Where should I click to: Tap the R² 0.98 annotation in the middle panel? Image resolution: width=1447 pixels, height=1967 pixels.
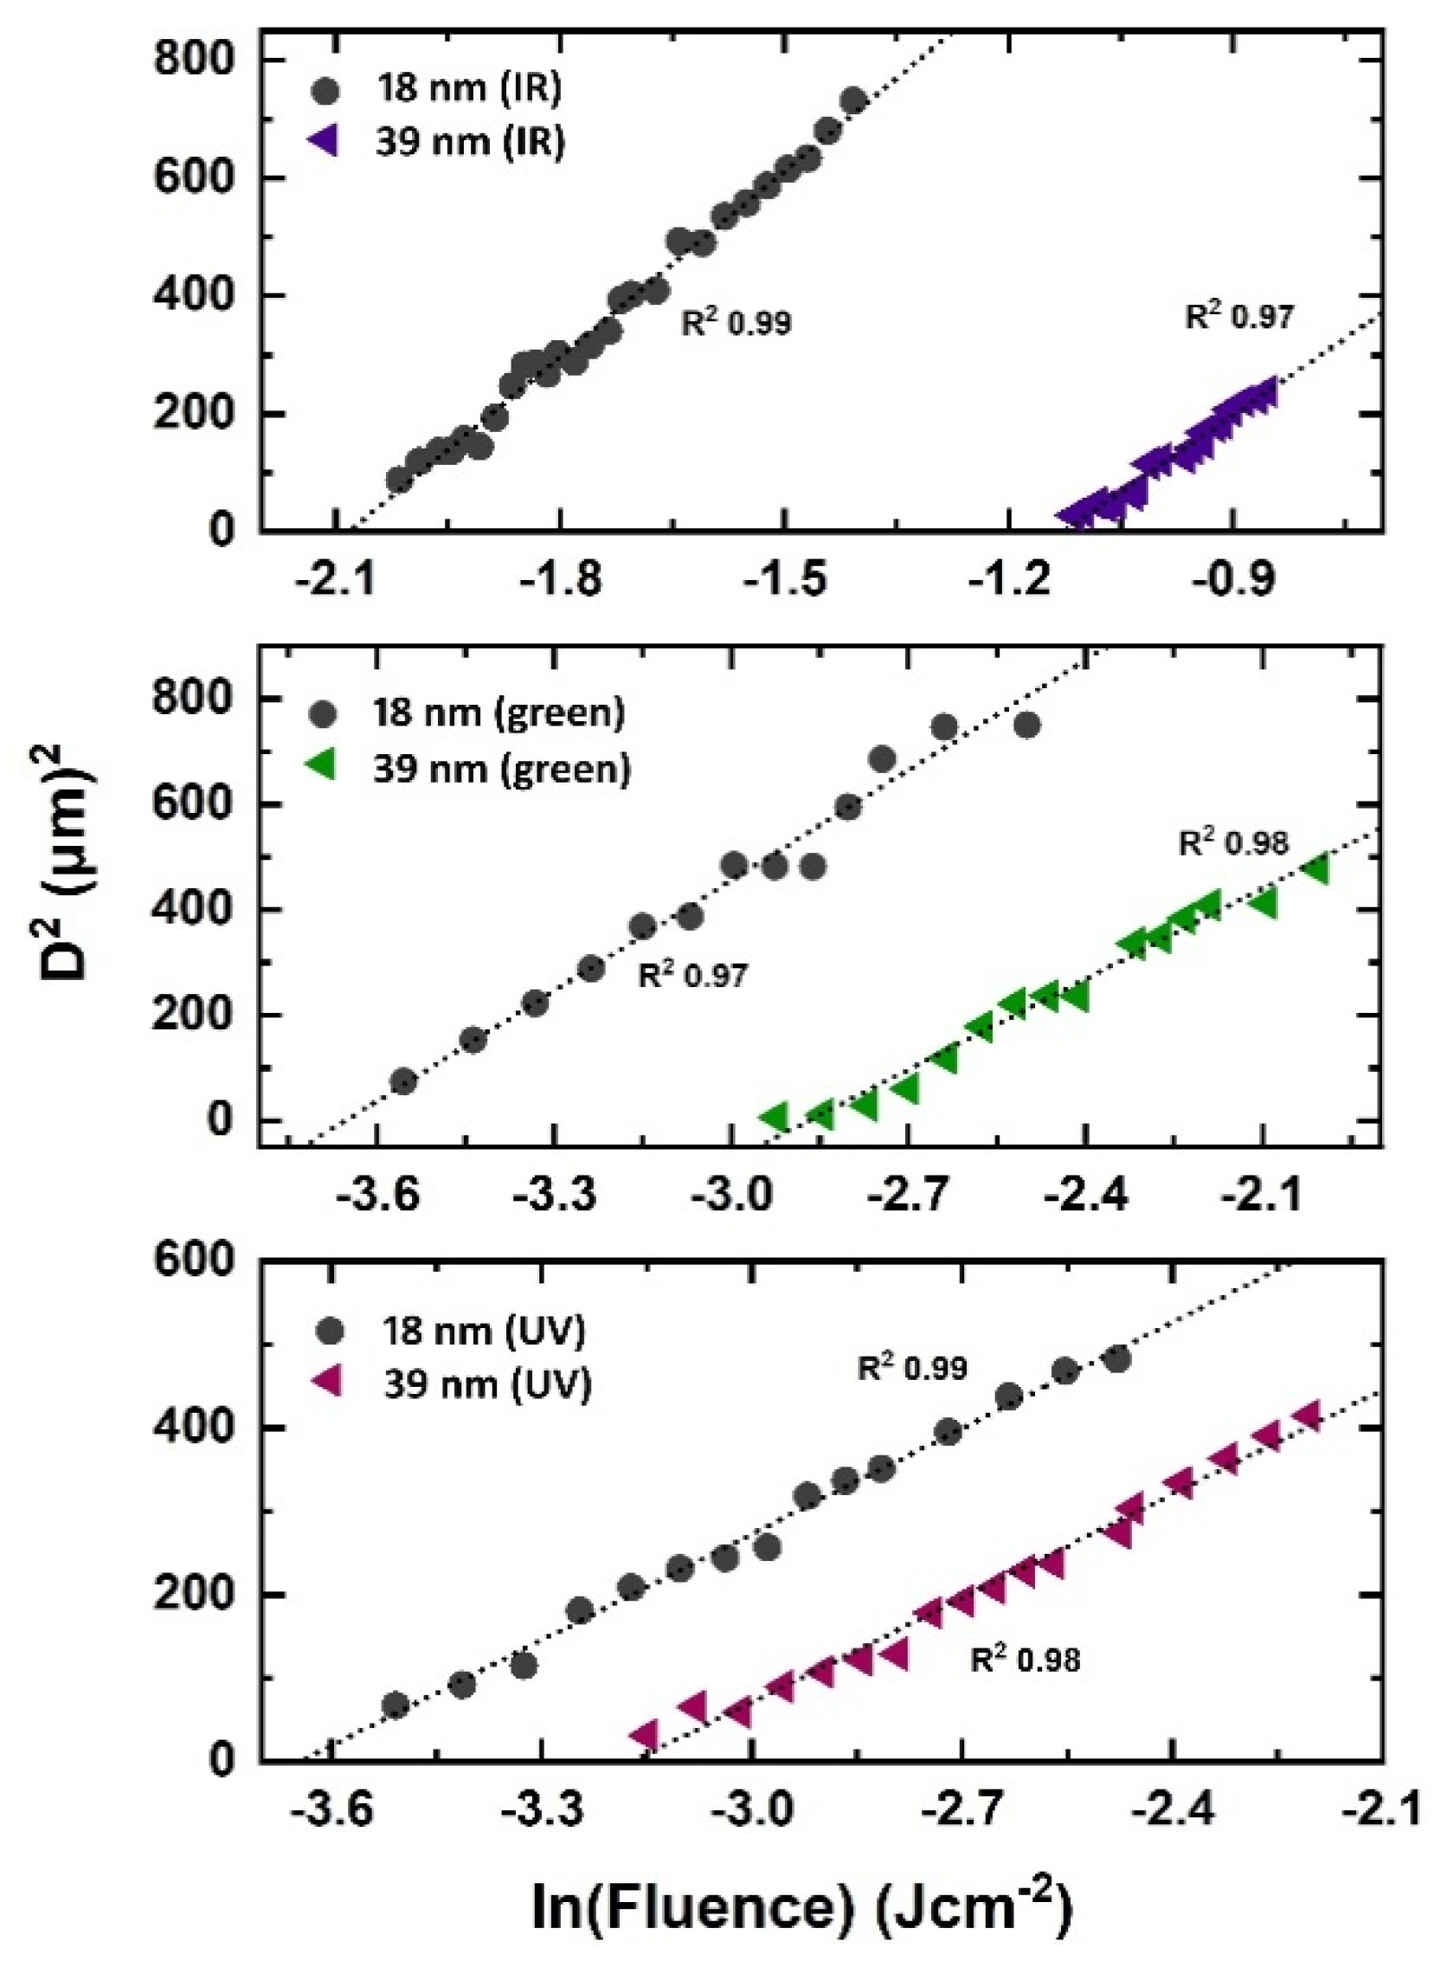(x=1233, y=843)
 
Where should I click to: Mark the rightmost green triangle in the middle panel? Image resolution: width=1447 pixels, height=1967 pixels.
(x=1316, y=870)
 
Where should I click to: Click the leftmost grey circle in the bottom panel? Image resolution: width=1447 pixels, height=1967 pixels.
(x=396, y=1705)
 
